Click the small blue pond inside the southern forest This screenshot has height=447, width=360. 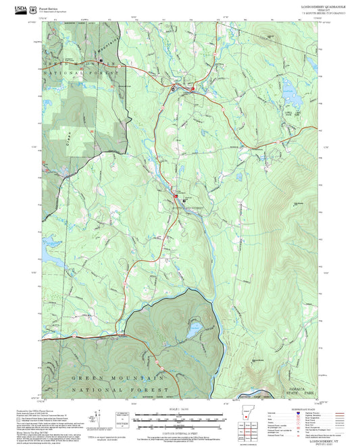192,332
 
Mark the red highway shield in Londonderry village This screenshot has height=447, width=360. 192,88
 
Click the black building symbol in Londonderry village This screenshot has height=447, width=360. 174,89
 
